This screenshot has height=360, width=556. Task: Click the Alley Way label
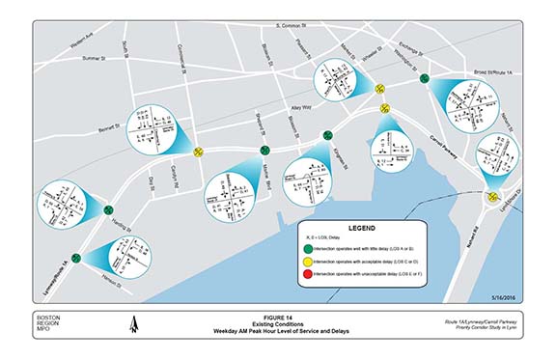point(303,108)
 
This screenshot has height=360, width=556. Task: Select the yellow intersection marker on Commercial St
point(198,151)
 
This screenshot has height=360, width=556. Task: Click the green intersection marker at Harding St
point(107,208)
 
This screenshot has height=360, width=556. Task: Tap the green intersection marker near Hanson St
point(80,258)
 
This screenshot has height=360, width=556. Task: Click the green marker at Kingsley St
point(327,136)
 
